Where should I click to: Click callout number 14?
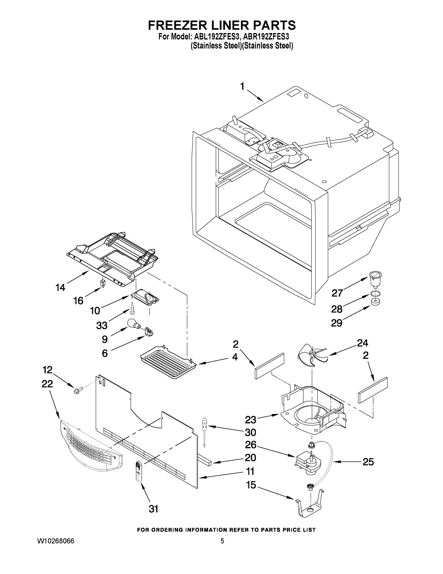[x=60, y=288]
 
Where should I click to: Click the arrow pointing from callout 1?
[x=256, y=96]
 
